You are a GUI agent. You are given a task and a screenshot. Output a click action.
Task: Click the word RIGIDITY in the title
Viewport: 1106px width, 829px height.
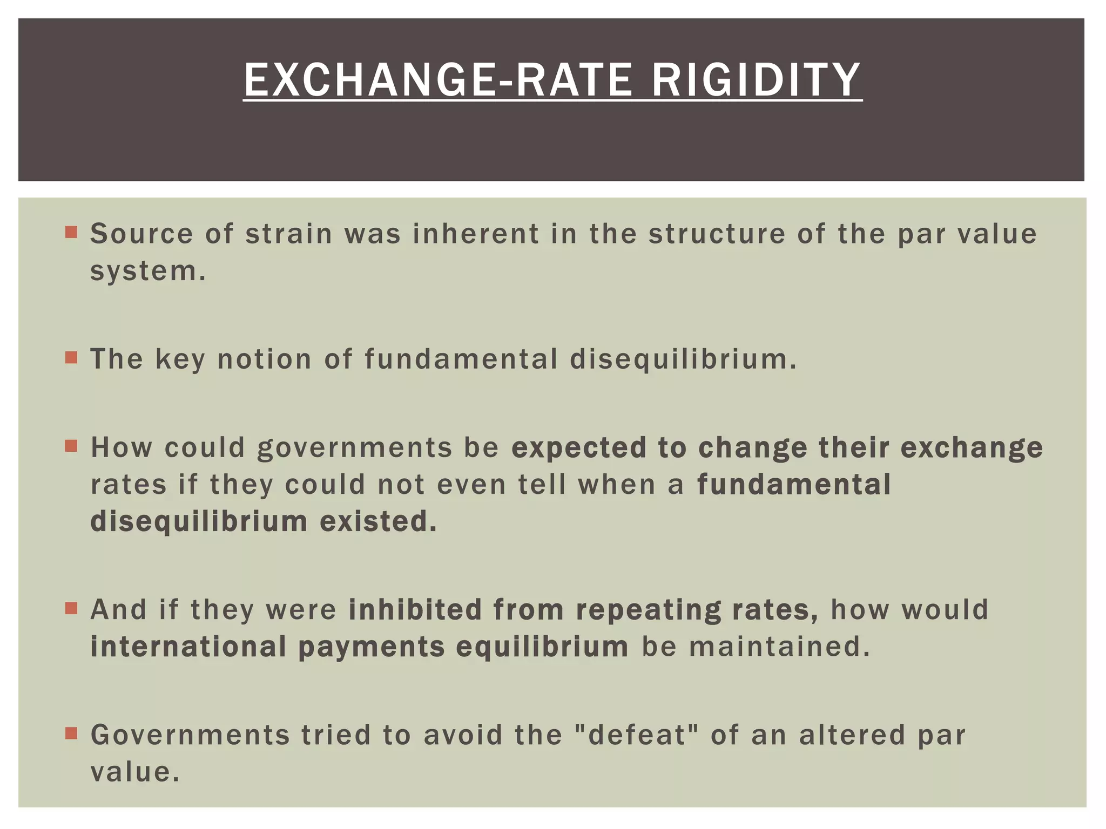(756, 80)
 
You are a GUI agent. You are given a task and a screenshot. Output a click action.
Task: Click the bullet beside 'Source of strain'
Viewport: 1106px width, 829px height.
(71, 233)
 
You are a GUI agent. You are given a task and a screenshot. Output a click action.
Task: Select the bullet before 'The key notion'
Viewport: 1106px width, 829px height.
(71, 358)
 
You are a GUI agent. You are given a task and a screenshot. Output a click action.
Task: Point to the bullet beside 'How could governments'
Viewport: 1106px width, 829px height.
(71, 446)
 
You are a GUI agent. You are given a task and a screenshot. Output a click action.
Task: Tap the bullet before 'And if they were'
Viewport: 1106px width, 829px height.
(71, 609)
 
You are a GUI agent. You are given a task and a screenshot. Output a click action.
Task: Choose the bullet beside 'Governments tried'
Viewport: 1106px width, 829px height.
(71, 734)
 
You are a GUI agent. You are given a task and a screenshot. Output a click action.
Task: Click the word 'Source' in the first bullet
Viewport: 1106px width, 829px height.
(141, 234)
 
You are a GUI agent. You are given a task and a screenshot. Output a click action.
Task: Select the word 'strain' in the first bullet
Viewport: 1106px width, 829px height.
(288, 234)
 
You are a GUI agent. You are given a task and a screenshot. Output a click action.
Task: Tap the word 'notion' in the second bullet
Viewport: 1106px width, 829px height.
(264, 359)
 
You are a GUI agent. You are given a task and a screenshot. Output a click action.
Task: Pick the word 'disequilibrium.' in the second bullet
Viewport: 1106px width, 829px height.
(683, 359)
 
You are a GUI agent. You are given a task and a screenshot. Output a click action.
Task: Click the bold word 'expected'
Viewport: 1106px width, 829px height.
(578, 448)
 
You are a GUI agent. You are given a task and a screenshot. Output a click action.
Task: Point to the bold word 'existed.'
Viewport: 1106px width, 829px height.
(378, 521)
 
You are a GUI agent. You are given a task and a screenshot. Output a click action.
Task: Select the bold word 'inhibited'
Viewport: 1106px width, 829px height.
(415, 610)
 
